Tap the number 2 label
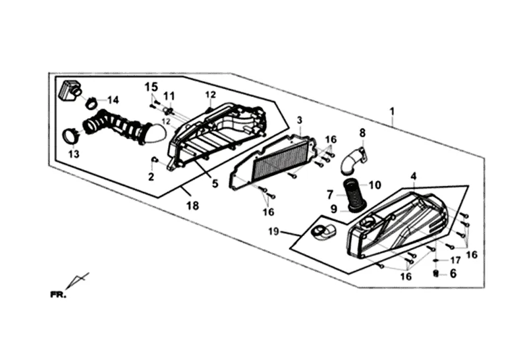(151, 177)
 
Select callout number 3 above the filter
(299, 120)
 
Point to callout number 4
(413, 177)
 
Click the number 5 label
(215, 183)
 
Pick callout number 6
(453, 273)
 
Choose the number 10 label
(375, 185)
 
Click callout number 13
(74, 154)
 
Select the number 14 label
(113, 100)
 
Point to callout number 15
(152, 86)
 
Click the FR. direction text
(59, 295)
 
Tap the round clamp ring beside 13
(70, 137)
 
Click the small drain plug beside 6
(436, 273)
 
